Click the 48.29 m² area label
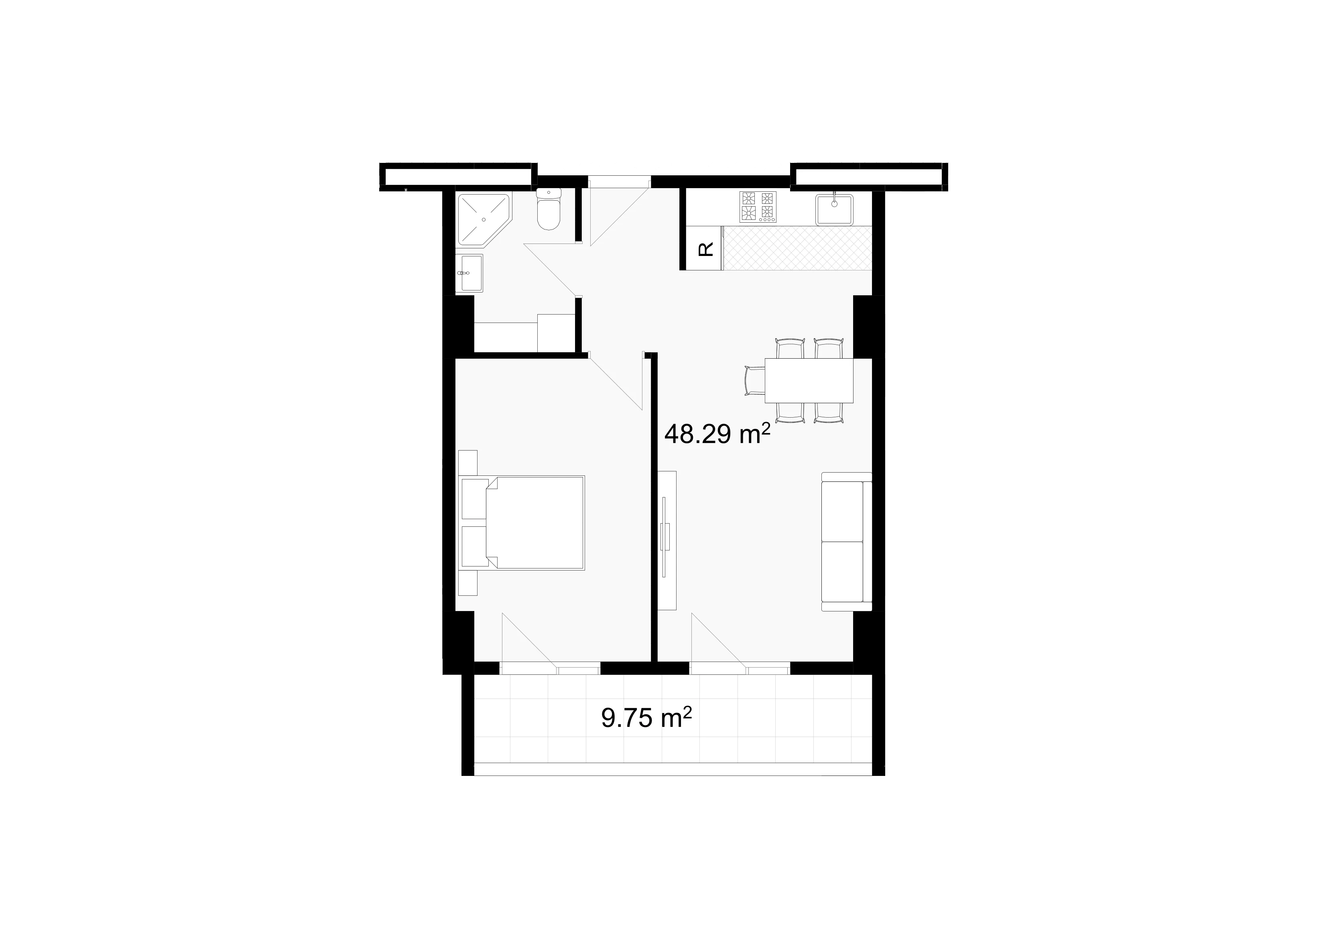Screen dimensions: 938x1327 click(717, 434)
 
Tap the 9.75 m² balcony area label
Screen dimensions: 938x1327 click(646, 718)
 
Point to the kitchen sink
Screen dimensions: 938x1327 click(834, 209)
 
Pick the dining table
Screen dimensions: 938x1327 click(809, 380)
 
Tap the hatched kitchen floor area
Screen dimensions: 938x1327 click(797, 248)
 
